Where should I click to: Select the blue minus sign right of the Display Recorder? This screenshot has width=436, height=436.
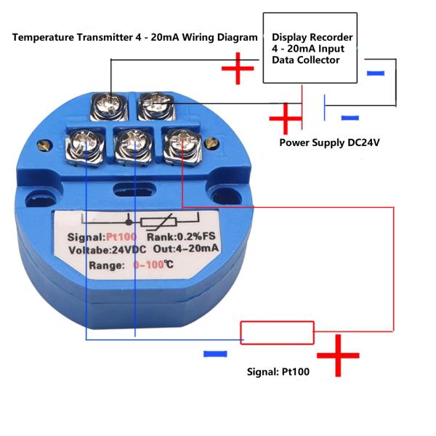[376, 73]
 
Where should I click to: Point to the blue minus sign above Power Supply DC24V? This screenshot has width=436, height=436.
[350, 117]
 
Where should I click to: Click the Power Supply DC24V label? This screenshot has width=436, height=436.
[330, 142]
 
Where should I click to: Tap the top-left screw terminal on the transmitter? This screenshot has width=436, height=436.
[110, 105]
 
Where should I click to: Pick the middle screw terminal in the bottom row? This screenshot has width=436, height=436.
[132, 143]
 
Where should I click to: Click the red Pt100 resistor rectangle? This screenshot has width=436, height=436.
[278, 333]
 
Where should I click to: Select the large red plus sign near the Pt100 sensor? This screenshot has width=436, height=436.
[338, 355]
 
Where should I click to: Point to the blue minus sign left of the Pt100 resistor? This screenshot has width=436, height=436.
[215, 354]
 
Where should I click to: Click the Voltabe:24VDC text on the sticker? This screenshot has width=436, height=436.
[100, 251]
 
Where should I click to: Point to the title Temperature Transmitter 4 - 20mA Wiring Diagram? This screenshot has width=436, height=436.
[135, 37]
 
